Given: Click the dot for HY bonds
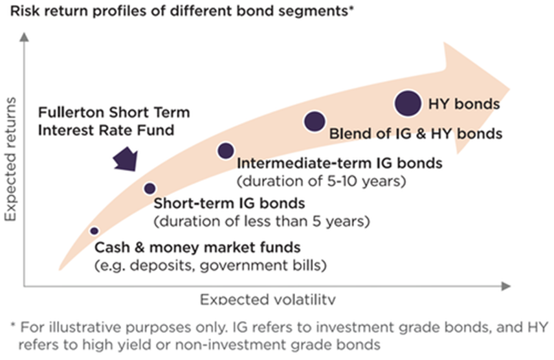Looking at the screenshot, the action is click(408, 103).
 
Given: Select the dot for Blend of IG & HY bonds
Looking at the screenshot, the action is click(315, 121).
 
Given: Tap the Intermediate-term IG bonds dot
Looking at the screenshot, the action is click(226, 151).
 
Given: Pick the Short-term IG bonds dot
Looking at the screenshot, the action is click(150, 188).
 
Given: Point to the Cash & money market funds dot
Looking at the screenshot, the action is click(94, 231).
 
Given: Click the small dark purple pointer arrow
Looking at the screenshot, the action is click(126, 160).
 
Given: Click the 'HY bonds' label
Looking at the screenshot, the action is click(464, 104).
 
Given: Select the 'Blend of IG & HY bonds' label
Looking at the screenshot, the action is click(415, 133).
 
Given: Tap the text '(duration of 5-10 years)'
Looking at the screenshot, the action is click(321, 181).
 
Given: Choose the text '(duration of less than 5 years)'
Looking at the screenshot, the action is click(262, 221).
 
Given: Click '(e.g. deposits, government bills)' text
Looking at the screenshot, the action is click(210, 265).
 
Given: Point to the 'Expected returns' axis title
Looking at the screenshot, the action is click(10, 159).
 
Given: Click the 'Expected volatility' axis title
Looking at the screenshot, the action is click(268, 300).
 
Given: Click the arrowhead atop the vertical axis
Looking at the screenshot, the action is click(24, 37).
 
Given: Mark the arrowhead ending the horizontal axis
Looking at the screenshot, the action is click(506, 286).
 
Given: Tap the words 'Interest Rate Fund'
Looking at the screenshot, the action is click(106, 130).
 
